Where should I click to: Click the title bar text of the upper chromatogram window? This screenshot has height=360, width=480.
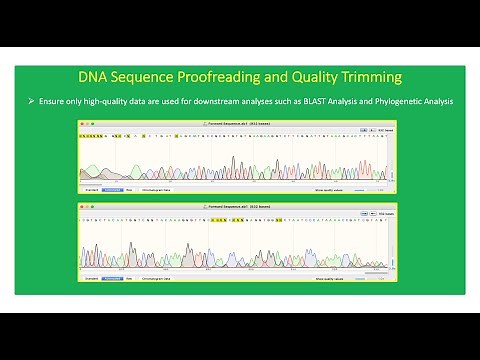tap(240, 122)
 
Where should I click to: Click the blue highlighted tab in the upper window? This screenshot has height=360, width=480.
tap(111, 187)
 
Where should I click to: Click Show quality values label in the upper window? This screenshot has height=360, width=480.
tap(333, 187)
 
